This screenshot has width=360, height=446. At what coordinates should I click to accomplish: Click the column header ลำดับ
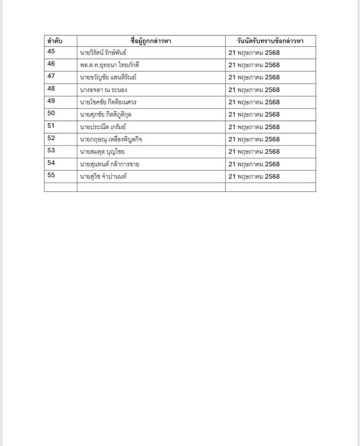pos(55,41)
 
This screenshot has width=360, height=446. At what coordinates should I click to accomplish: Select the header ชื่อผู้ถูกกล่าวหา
pos(151,41)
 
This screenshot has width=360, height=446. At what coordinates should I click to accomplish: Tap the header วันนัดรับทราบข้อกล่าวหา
pos(270,41)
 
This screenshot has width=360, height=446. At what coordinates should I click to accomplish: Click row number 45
pos(51,52)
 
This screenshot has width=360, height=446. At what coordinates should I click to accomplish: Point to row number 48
pos(51,89)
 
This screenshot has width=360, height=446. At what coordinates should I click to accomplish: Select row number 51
pos(51,126)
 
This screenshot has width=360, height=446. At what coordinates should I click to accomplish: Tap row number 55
pos(51,175)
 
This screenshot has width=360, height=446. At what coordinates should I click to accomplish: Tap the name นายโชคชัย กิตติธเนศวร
pos(108,102)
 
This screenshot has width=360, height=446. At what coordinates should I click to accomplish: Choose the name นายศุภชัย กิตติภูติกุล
pos(106,115)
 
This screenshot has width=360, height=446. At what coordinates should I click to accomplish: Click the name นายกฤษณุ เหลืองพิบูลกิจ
pos(111,140)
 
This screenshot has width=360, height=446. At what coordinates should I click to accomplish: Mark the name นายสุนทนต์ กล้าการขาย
pos(110,164)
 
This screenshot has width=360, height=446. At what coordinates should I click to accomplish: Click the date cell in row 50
pos(254,115)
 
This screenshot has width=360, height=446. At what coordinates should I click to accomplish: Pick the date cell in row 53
pos(254,152)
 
